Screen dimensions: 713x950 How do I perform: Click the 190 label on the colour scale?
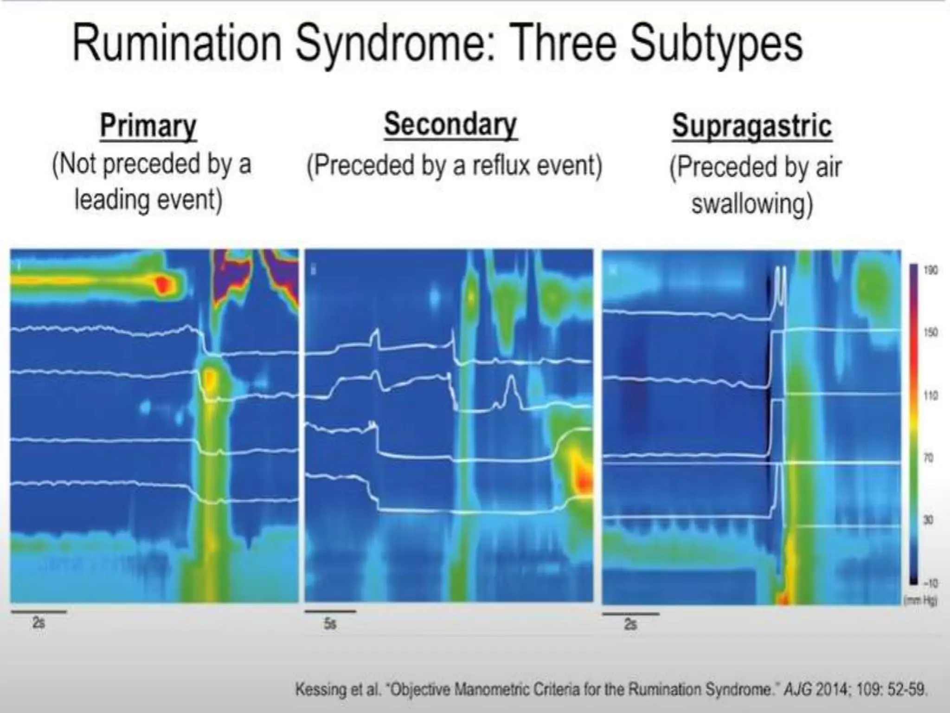coord(930,270)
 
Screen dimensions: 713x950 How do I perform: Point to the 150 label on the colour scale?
coord(930,332)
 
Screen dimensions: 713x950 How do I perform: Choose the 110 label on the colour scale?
coord(930,395)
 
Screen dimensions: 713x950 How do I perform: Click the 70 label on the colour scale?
coord(928,458)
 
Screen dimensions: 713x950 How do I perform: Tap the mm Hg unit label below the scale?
coord(921,601)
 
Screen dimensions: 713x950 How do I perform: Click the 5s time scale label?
coord(330,624)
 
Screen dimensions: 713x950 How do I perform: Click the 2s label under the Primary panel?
coord(39,622)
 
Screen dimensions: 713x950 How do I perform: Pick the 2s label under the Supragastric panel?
coord(630,624)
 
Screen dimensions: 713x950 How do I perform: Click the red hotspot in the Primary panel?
coord(162,284)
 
